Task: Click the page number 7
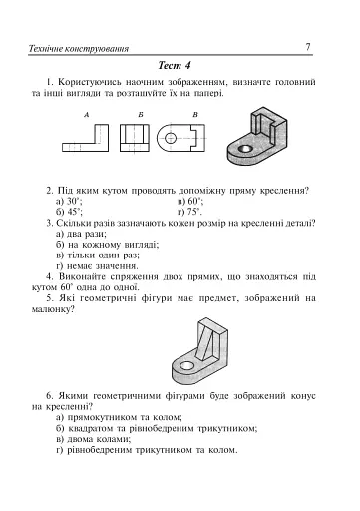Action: [308, 46]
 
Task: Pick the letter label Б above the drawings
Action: [141, 117]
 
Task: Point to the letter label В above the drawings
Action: [195, 117]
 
